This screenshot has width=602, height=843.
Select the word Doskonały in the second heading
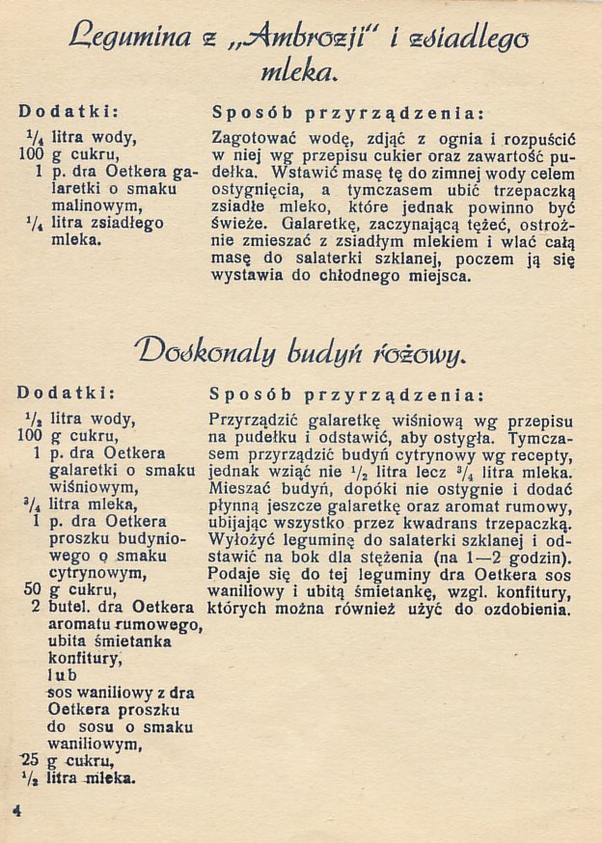(198, 345)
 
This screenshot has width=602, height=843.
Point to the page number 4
(17, 810)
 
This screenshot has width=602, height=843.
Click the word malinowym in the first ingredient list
(96, 206)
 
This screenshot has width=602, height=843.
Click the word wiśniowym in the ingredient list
(95, 486)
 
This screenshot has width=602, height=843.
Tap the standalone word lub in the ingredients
(62, 676)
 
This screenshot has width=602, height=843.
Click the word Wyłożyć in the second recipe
(243, 540)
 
